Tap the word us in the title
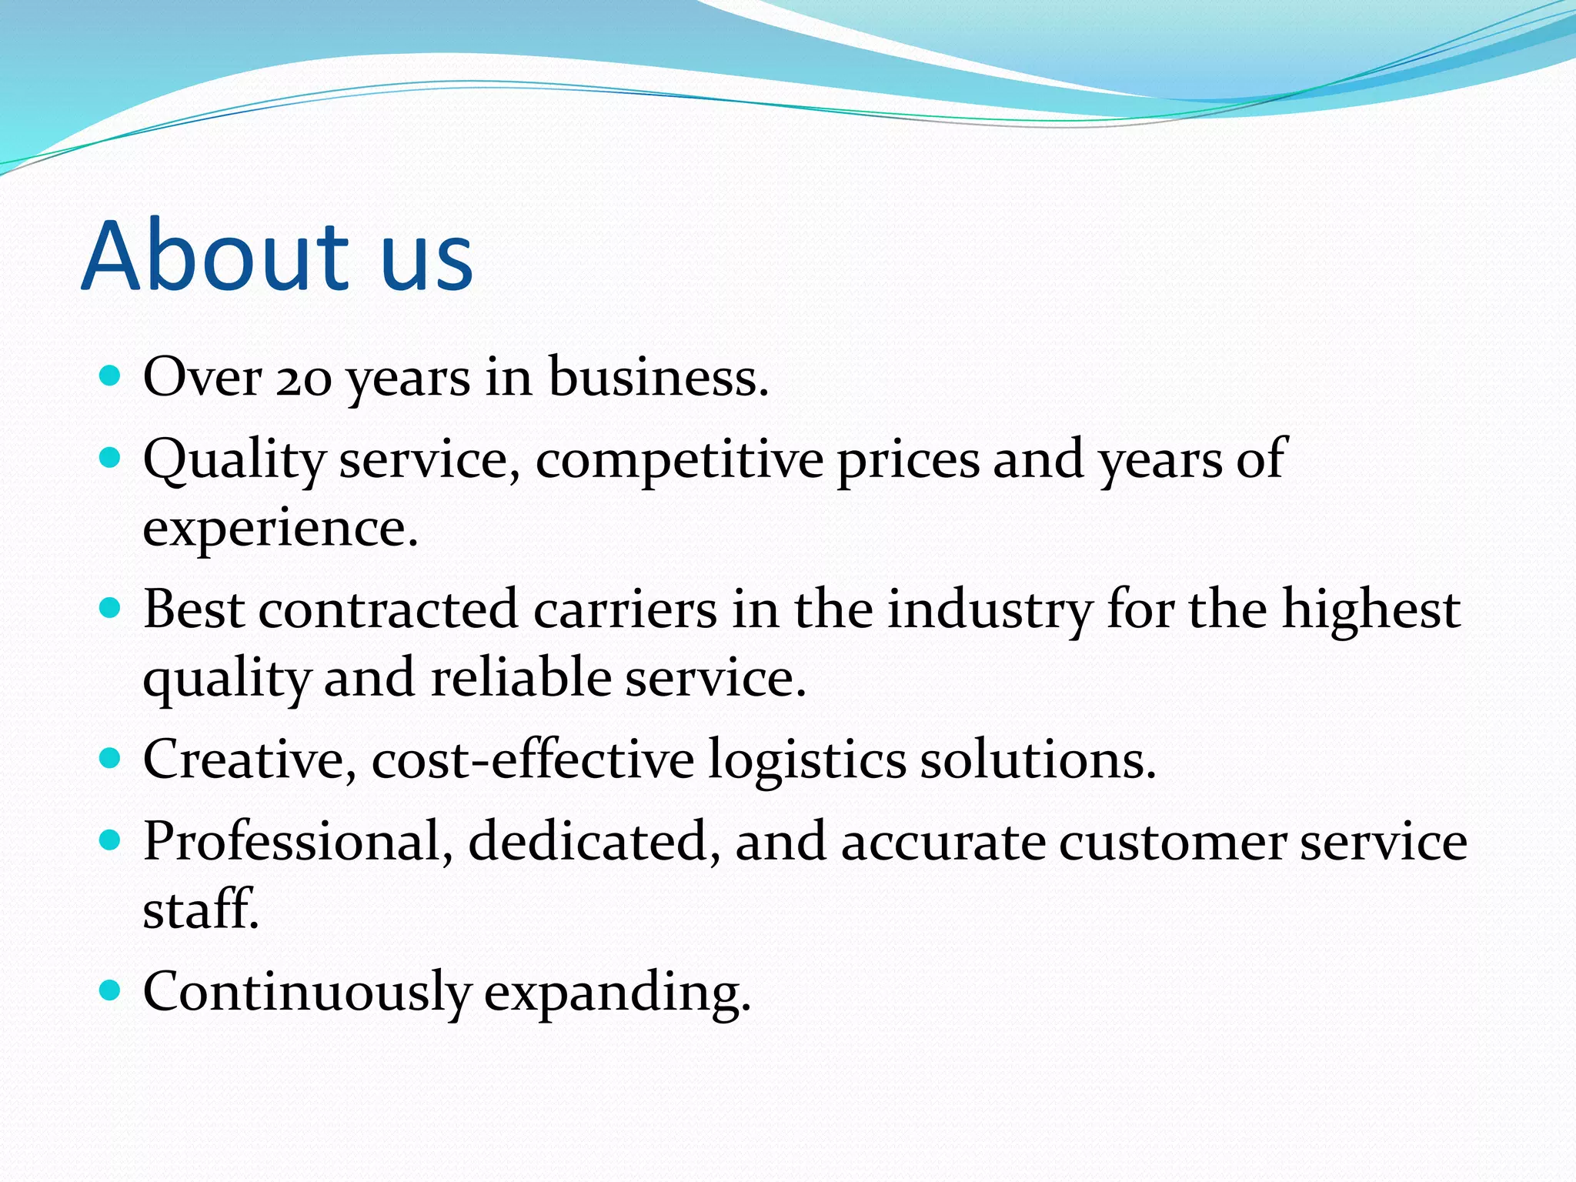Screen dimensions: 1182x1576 coord(427,265)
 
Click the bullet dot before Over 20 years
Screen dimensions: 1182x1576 coord(111,376)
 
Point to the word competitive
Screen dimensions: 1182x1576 coord(679,460)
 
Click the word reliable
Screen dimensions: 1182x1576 coord(520,678)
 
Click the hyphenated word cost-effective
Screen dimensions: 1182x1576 coord(533,760)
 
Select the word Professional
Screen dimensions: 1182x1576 coord(292,841)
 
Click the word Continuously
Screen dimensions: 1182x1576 coord(306,993)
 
